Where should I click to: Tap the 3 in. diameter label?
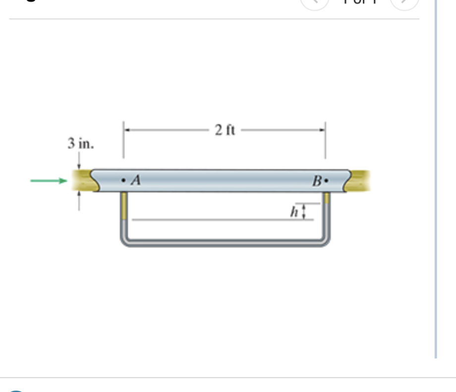pos(80,144)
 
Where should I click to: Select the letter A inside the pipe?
pos(135,181)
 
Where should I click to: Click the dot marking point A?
pos(123,180)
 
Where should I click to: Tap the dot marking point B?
pos(326,181)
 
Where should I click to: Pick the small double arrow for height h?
pos(305,212)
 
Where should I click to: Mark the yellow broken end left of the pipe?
pos(82,181)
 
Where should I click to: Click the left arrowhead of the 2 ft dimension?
pos(127,130)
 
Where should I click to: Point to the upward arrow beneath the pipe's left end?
pos(78,198)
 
